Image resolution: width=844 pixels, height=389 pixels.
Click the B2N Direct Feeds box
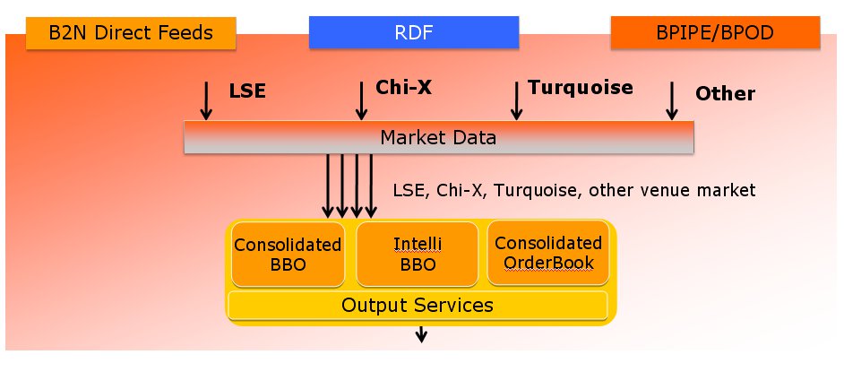coord(131,34)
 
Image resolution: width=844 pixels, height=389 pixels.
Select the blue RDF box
coord(414,34)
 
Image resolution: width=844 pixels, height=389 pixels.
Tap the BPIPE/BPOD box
coord(715,34)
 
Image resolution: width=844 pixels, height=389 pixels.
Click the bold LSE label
coord(248,91)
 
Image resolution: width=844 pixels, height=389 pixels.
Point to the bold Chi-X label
coord(398,89)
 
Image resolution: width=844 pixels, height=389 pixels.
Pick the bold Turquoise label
coord(581,88)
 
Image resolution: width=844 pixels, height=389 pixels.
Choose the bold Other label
coord(726,93)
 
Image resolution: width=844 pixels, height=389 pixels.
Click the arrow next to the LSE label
coord(206,100)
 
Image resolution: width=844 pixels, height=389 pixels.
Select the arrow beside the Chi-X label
coord(361,100)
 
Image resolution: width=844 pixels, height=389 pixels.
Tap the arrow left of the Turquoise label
coord(516,100)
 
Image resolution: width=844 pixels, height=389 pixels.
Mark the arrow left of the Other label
coord(671,100)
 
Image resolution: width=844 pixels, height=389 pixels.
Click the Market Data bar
coord(438,138)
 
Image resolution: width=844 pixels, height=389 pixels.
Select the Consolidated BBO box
coord(288,254)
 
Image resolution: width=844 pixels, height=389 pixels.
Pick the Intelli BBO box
coord(418,254)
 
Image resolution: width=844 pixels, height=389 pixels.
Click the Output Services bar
coord(418,305)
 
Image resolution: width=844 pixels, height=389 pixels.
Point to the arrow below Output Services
coord(420,334)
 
